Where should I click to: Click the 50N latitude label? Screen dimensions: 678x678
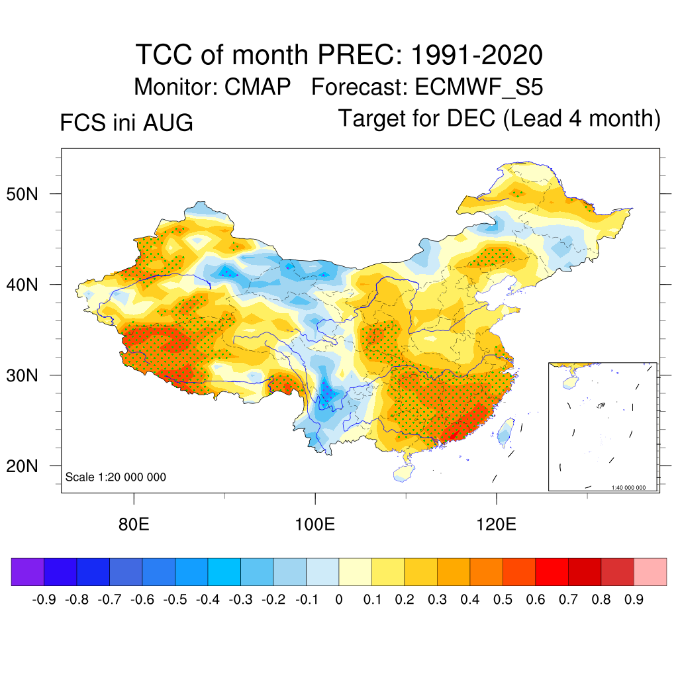pyautogui.click(x=22, y=194)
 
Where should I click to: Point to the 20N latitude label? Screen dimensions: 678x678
pyautogui.click(x=22, y=466)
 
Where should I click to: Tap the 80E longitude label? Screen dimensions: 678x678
pyautogui.click(x=134, y=524)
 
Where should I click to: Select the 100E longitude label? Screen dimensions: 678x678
pyautogui.click(x=315, y=524)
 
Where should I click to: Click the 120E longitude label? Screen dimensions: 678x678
pyautogui.click(x=496, y=524)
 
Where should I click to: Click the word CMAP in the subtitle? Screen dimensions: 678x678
pyautogui.click(x=258, y=87)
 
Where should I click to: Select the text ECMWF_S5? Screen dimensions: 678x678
pyautogui.click(x=479, y=87)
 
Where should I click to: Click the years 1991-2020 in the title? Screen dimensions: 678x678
pyautogui.click(x=477, y=55)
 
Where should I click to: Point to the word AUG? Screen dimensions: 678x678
pyautogui.click(x=168, y=122)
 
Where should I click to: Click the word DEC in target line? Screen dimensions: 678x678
pyautogui.click(x=471, y=118)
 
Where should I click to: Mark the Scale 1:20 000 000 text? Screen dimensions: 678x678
pyautogui.click(x=115, y=477)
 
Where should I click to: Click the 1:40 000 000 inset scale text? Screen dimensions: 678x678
pyautogui.click(x=628, y=488)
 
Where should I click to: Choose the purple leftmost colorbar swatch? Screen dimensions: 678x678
pyautogui.click(x=28, y=571)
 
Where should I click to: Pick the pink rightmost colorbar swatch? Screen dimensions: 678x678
pyautogui.click(x=650, y=571)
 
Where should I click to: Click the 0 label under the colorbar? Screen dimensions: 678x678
pyautogui.click(x=339, y=600)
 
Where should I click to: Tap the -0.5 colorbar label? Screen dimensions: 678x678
pyautogui.click(x=175, y=600)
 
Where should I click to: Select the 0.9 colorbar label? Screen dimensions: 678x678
pyautogui.click(x=634, y=600)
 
